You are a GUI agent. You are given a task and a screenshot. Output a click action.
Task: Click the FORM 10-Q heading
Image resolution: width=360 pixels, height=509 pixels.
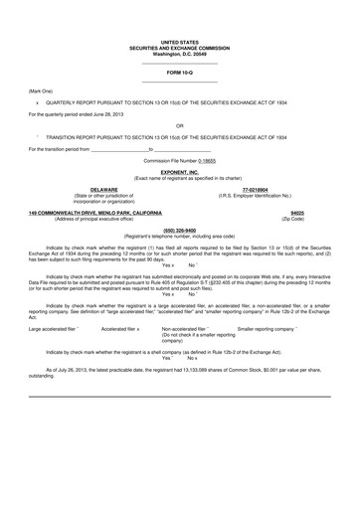pyautogui.click(x=180, y=73)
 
